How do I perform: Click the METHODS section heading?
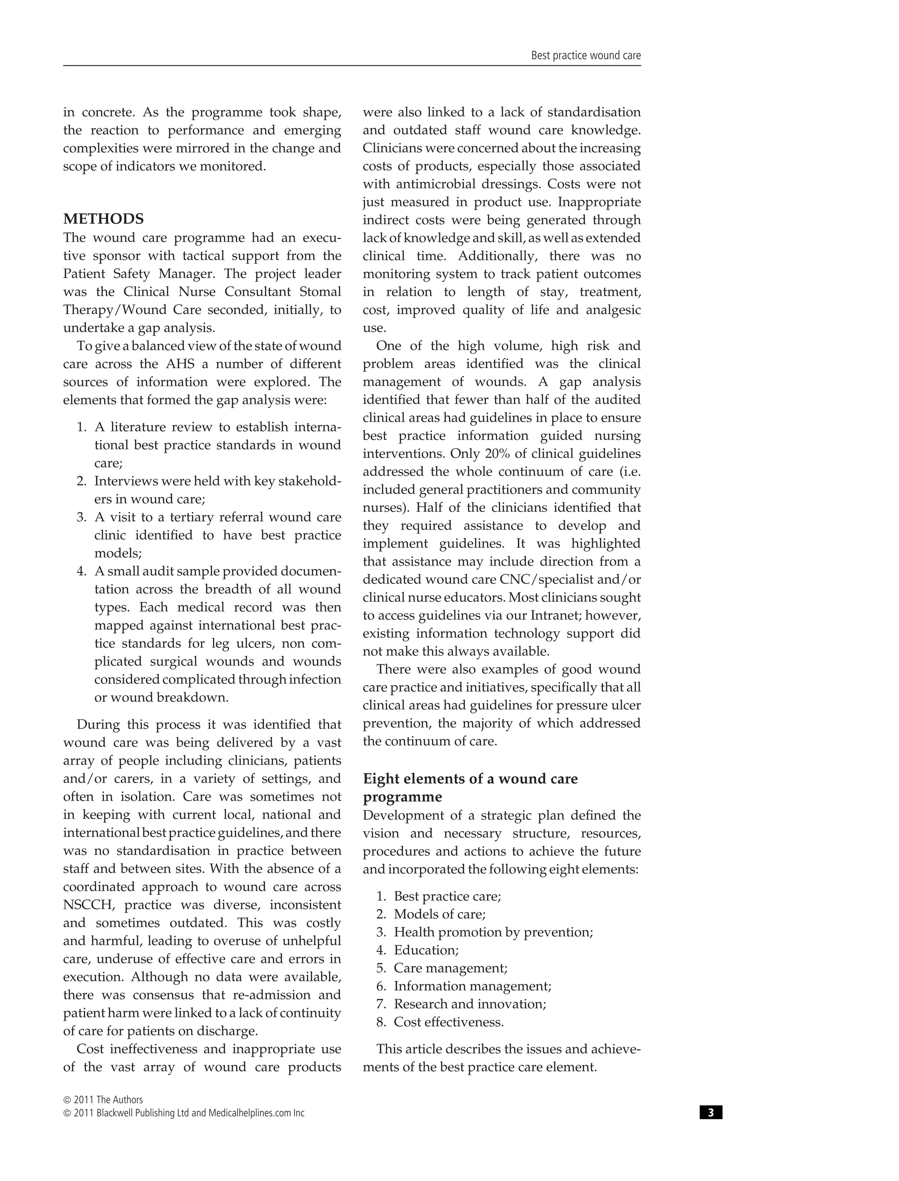(x=103, y=219)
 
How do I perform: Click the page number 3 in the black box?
(x=711, y=1113)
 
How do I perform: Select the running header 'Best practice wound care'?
(x=586, y=56)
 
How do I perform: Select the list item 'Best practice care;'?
(x=447, y=896)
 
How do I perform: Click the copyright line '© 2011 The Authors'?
(x=103, y=1100)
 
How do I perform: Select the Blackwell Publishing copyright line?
(x=183, y=1113)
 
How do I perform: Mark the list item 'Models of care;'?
(x=439, y=914)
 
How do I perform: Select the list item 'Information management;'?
(x=472, y=986)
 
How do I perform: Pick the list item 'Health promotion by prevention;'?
(x=493, y=932)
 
